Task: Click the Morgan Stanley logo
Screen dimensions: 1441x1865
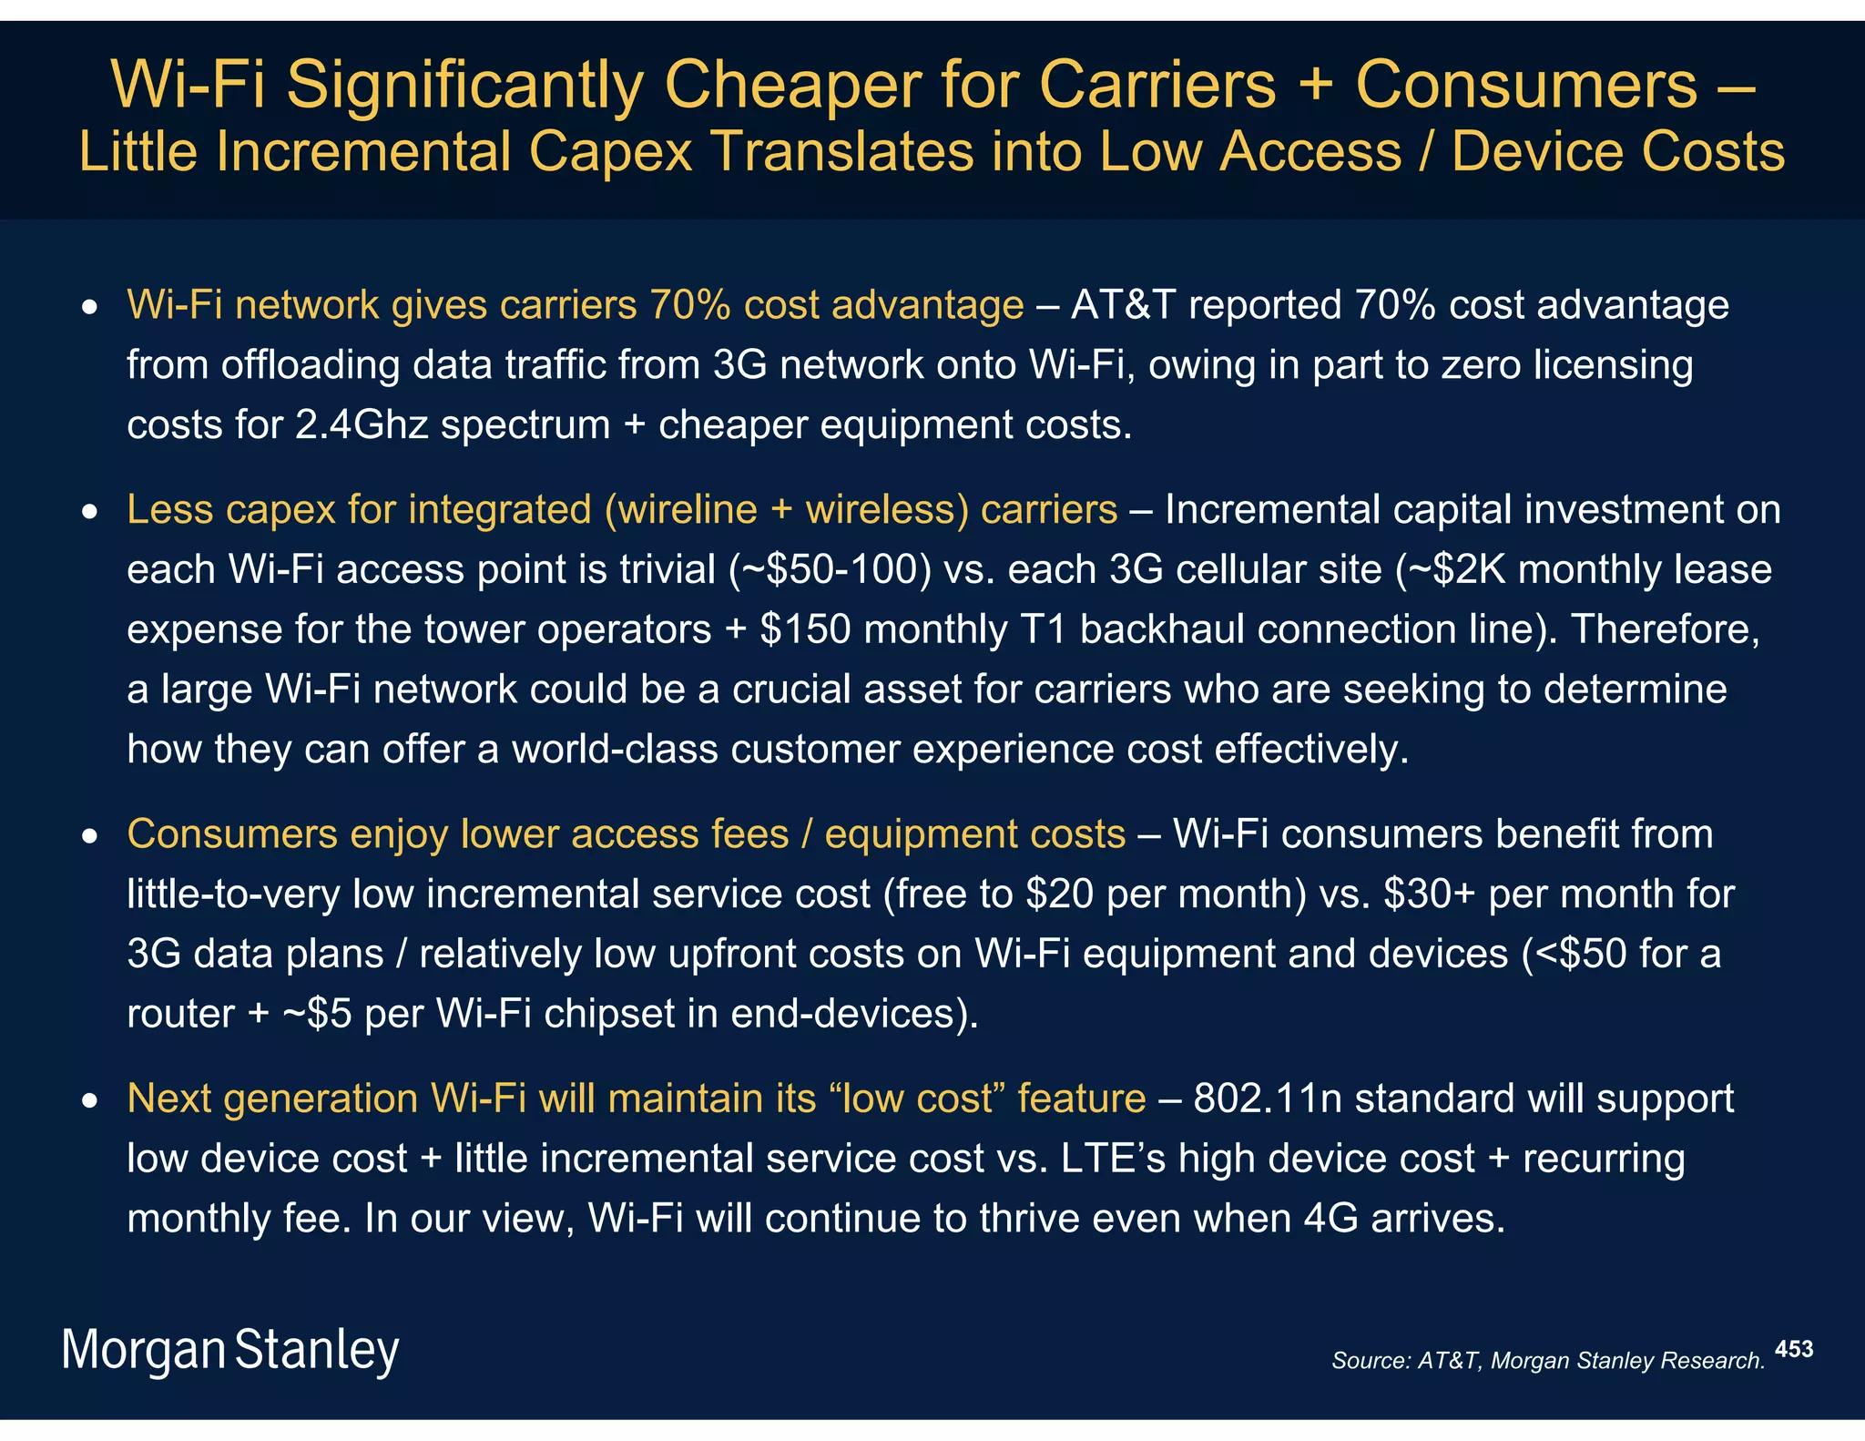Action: [x=230, y=1350]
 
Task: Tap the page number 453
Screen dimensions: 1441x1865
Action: [x=1793, y=1349]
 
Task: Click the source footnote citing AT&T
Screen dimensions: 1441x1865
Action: [x=1547, y=1360]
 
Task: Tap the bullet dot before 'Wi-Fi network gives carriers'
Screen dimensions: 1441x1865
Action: [x=89, y=310]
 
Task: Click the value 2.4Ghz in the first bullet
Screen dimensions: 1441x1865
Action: [x=361, y=424]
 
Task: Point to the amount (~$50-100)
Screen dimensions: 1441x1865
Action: [x=830, y=569]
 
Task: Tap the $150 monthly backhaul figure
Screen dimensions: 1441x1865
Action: [x=805, y=629]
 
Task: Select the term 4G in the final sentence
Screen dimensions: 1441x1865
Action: [x=1330, y=1218]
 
